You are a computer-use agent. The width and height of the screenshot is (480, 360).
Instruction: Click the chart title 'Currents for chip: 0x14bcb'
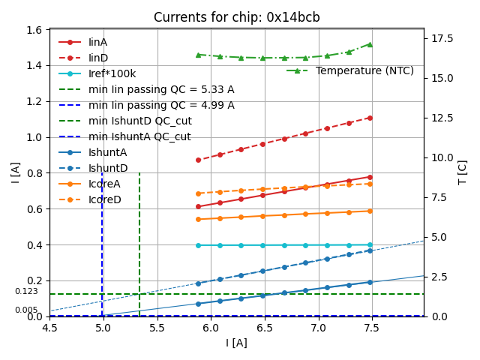coord(236,17)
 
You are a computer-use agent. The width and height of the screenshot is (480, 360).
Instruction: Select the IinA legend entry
coord(98,42)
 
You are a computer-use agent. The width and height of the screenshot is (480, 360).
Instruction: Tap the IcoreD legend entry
coord(104,199)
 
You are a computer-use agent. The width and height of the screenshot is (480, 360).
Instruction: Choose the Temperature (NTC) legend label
coord(364,70)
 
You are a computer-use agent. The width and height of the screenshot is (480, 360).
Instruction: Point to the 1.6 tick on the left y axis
coord(34,30)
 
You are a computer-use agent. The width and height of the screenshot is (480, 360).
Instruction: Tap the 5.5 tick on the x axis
coord(157,328)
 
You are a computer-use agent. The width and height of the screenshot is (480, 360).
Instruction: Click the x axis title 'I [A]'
coord(236,343)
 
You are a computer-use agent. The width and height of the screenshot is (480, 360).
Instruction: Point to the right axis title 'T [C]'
coord(462,172)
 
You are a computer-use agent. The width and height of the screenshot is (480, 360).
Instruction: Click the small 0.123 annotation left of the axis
coord(26,292)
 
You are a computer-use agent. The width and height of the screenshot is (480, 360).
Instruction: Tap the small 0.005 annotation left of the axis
coord(26,310)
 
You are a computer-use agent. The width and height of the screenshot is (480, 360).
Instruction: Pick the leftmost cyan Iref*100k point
coord(198,245)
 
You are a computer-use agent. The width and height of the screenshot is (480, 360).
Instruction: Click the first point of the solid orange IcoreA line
coord(198,219)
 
